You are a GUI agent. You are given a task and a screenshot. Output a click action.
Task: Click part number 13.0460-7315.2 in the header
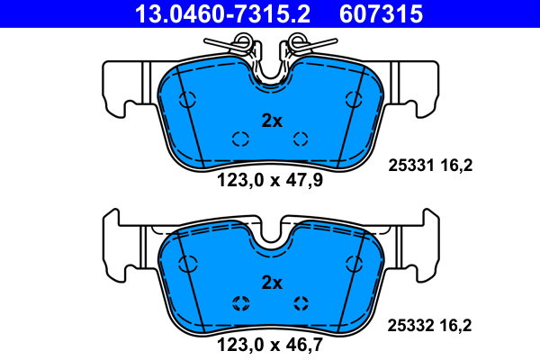click(222, 13)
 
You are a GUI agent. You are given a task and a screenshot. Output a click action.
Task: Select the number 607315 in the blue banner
click(381, 13)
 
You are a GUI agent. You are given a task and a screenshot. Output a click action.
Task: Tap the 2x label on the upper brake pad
click(272, 121)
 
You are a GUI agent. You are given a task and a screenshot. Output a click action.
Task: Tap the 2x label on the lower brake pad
click(272, 283)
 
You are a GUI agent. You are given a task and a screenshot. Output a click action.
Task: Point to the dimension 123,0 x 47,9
click(270, 180)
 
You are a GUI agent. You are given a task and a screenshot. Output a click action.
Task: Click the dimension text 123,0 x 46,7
click(270, 345)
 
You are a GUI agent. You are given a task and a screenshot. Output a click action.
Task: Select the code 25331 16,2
click(430, 166)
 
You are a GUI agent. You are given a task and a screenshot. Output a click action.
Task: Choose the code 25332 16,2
click(430, 326)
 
